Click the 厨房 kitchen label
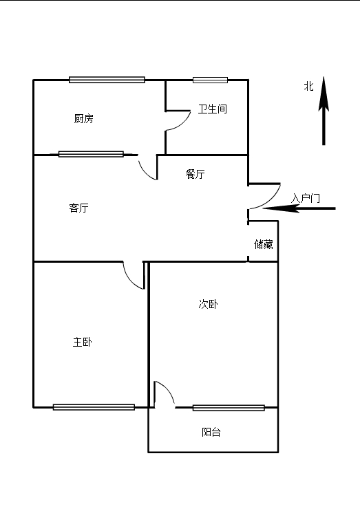pos(84,118)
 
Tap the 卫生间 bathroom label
pos(213,109)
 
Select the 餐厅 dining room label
pos(195,174)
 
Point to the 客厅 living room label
pos(79,208)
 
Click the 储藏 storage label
pos(264,244)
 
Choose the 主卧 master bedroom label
pos(83,342)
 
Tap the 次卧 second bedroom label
pos(209,304)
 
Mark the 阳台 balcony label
pos(211,432)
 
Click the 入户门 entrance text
pos(306,198)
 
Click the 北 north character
pos(309,86)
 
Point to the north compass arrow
pos(324,111)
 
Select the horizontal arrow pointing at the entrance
pos(299,208)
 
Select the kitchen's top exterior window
pos(107,80)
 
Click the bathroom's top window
pos(211,80)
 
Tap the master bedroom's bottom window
pos(94,407)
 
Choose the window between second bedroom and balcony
pos(229,408)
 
